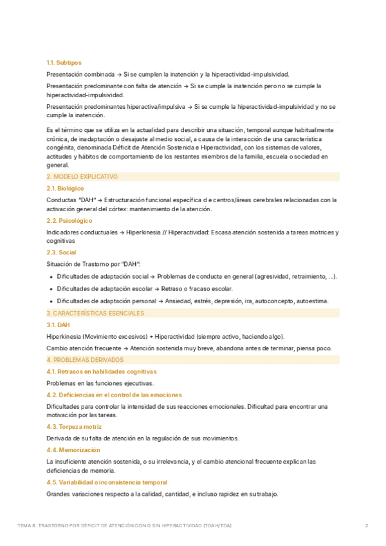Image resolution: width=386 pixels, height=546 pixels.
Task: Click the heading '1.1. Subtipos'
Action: pyautogui.click(x=64, y=62)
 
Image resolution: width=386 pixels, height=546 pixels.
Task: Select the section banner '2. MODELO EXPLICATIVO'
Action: pyautogui.click(x=82, y=176)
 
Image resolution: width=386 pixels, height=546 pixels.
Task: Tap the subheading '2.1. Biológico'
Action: pyautogui.click(x=66, y=188)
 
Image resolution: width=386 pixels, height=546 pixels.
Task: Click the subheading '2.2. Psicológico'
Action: pyautogui.click(x=69, y=220)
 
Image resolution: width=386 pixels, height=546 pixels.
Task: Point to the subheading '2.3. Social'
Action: pyautogui.click(x=62, y=252)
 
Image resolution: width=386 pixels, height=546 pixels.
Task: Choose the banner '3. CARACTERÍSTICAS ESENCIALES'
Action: pyautogui.click(x=95, y=313)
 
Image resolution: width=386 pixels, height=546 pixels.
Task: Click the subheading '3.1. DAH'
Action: pyautogui.click(x=58, y=325)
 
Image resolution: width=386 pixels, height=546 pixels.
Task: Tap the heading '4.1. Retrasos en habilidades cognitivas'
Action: pyautogui.click(x=102, y=372)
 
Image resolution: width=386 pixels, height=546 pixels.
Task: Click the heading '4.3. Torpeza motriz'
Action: pyautogui.click(x=74, y=426)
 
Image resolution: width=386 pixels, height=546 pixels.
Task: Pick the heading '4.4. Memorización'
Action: pyautogui.click(x=73, y=449)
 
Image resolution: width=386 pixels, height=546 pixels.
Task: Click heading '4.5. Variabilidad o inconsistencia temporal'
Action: pyautogui.click(x=107, y=482)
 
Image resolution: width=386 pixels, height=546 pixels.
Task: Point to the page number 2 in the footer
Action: pyautogui.click(x=367, y=525)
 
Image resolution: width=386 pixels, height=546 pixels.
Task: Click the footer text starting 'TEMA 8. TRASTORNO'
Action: pyautogui.click(x=125, y=525)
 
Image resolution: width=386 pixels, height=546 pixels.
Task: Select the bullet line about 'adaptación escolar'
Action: pyautogui.click(x=144, y=288)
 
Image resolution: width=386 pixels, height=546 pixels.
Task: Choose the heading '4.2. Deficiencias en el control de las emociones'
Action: pyautogui.click(x=114, y=394)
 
